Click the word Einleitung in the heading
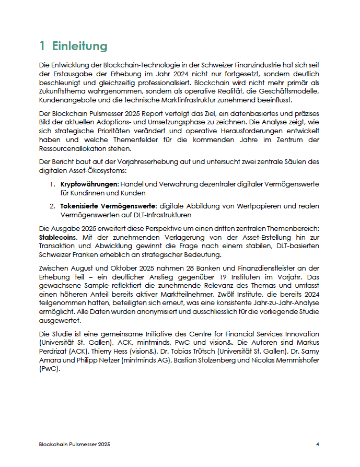(x=79, y=46)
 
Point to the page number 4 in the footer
(x=317, y=444)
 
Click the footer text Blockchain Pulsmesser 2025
(x=75, y=444)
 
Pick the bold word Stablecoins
(x=58, y=236)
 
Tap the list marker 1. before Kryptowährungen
(x=53, y=184)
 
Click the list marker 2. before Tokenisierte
(x=53, y=206)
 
